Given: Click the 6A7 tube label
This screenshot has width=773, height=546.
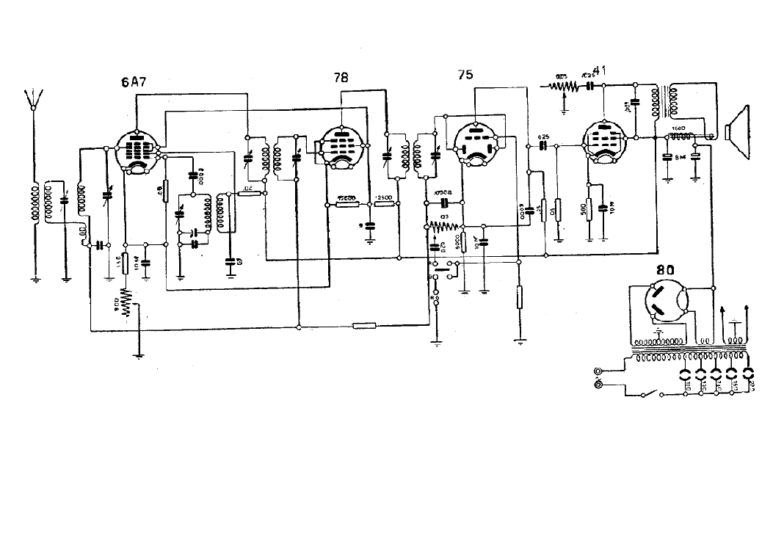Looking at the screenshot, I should (134, 82).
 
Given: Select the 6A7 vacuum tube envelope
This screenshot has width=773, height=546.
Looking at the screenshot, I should (137, 150).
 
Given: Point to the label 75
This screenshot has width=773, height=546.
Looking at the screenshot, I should (465, 74).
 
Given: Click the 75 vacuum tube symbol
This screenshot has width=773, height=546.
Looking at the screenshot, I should (476, 143).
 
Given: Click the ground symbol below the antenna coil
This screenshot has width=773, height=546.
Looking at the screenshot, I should (35, 278).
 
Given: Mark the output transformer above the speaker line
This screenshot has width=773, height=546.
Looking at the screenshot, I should (669, 103).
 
